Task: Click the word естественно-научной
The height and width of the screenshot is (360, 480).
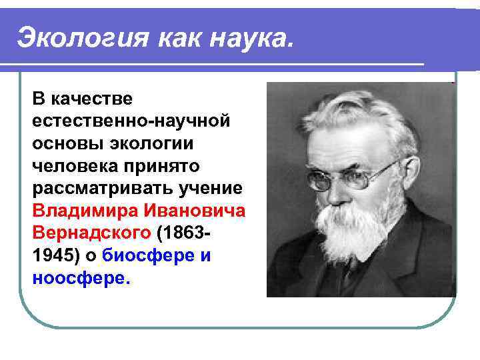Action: point(131,121)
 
